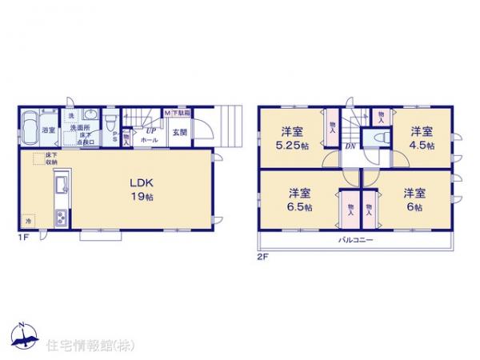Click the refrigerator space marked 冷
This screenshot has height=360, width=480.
point(28,220)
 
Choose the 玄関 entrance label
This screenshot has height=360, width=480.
point(178,133)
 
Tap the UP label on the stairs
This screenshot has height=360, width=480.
point(150,130)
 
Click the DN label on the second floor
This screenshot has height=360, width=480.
point(350,146)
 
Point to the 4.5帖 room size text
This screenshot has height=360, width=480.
point(422,146)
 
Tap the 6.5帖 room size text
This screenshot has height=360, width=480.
point(300,206)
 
